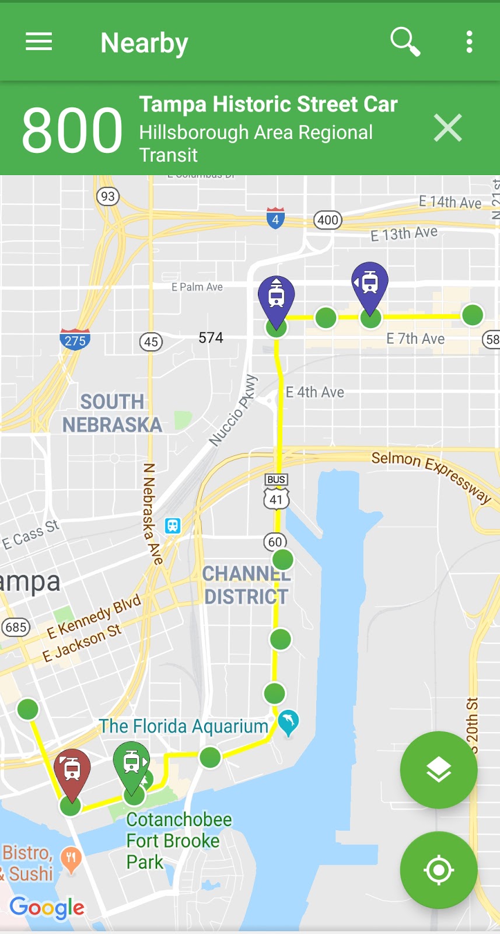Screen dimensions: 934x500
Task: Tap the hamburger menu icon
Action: (39, 42)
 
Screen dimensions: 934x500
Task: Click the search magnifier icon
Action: (405, 41)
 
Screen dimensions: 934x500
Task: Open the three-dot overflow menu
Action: (469, 42)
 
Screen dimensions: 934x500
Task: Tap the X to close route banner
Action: (447, 128)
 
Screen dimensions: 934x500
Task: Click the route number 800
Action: (72, 130)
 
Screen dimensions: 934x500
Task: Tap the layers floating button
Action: (439, 770)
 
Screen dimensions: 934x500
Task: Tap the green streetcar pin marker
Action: (131, 762)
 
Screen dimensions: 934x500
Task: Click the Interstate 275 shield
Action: (75, 339)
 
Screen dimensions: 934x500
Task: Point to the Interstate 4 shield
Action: (275, 218)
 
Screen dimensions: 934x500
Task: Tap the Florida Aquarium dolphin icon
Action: (288, 722)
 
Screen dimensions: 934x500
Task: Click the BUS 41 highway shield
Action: (276, 492)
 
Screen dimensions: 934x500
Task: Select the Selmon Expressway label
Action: (431, 474)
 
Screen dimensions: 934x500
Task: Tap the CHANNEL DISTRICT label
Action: (246, 585)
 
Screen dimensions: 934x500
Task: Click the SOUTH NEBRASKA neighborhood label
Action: (112, 413)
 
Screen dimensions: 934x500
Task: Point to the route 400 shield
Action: (328, 220)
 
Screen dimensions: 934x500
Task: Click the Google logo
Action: (47, 908)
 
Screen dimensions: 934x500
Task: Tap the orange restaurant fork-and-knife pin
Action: (71, 859)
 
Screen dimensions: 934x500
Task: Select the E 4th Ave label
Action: (315, 392)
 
